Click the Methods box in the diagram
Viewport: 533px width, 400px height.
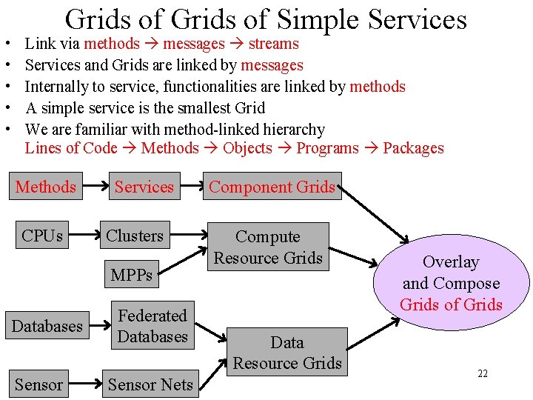pos(46,187)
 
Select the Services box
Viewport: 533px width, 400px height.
pos(144,187)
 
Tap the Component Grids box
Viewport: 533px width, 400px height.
pos(272,187)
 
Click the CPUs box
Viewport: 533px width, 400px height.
pos(42,236)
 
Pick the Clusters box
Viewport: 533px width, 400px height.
pos(135,236)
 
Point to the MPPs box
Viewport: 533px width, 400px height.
pos(131,275)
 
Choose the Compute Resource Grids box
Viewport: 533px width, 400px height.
pos(268,247)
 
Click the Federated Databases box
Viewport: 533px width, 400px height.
pos(152,326)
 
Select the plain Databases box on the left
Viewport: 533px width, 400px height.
pos(47,326)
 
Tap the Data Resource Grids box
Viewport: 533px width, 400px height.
pos(287,353)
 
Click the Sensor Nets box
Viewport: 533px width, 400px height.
pos(150,384)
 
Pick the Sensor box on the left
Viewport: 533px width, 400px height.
pos(38,384)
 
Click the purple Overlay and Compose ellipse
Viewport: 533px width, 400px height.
pos(451,282)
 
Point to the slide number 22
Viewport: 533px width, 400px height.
pos(483,373)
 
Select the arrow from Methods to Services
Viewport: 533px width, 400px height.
pos(92,187)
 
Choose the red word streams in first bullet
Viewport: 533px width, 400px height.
pos(274,44)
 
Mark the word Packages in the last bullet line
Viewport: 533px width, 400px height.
pos(413,147)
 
